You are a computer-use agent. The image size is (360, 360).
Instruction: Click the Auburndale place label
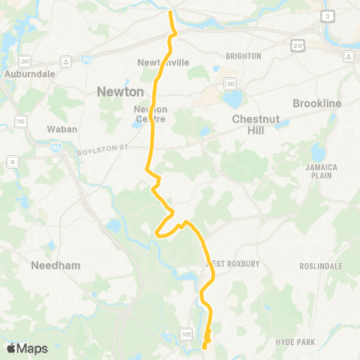[x=26, y=74]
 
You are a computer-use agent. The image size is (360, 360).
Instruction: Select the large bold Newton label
[x=120, y=91]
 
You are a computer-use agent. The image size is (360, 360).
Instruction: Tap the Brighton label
[x=243, y=56]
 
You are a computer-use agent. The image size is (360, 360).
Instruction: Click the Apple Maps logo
[x=27, y=348]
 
